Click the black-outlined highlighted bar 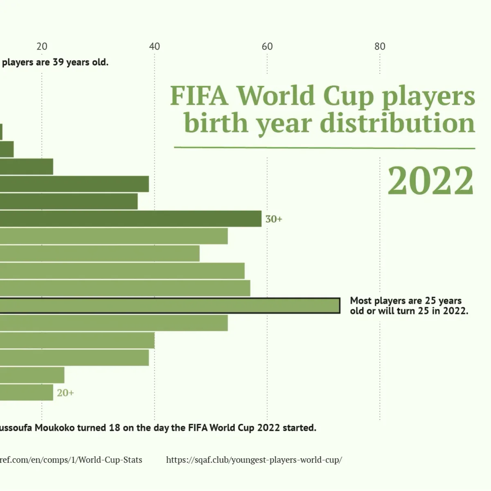click(x=170, y=306)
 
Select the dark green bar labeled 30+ click(x=131, y=218)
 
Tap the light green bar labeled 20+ click(x=27, y=392)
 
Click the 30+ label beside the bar click(x=274, y=219)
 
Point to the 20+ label click(x=65, y=393)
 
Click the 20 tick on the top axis click(x=42, y=47)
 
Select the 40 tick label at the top click(x=155, y=47)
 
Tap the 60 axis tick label click(x=267, y=47)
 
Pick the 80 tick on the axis click(x=380, y=47)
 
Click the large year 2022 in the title click(x=430, y=181)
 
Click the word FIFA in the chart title click(x=199, y=96)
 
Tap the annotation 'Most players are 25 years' click(x=405, y=301)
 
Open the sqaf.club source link click(x=254, y=460)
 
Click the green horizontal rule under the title click(x=324, y=148)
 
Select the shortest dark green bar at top click(x=1, y=132)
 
